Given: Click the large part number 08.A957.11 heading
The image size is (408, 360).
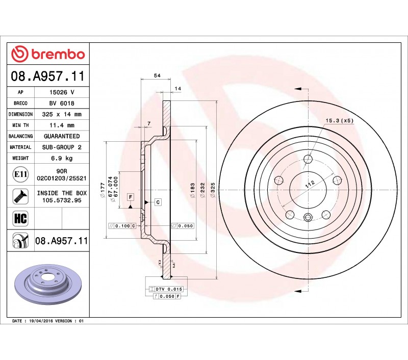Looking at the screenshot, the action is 48,76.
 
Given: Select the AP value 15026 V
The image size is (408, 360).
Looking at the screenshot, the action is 62,92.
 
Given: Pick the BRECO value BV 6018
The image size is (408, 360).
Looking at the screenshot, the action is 62,104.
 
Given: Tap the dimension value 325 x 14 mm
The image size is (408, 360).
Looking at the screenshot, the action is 62,114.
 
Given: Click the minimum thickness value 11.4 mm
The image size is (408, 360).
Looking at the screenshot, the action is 62,125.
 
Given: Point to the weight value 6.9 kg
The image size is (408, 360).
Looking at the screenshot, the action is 62,158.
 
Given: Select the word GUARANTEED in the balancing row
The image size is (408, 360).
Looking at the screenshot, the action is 62,136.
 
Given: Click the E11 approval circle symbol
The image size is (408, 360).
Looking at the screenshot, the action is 20,174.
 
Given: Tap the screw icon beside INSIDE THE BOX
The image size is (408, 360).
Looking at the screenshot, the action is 20,196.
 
